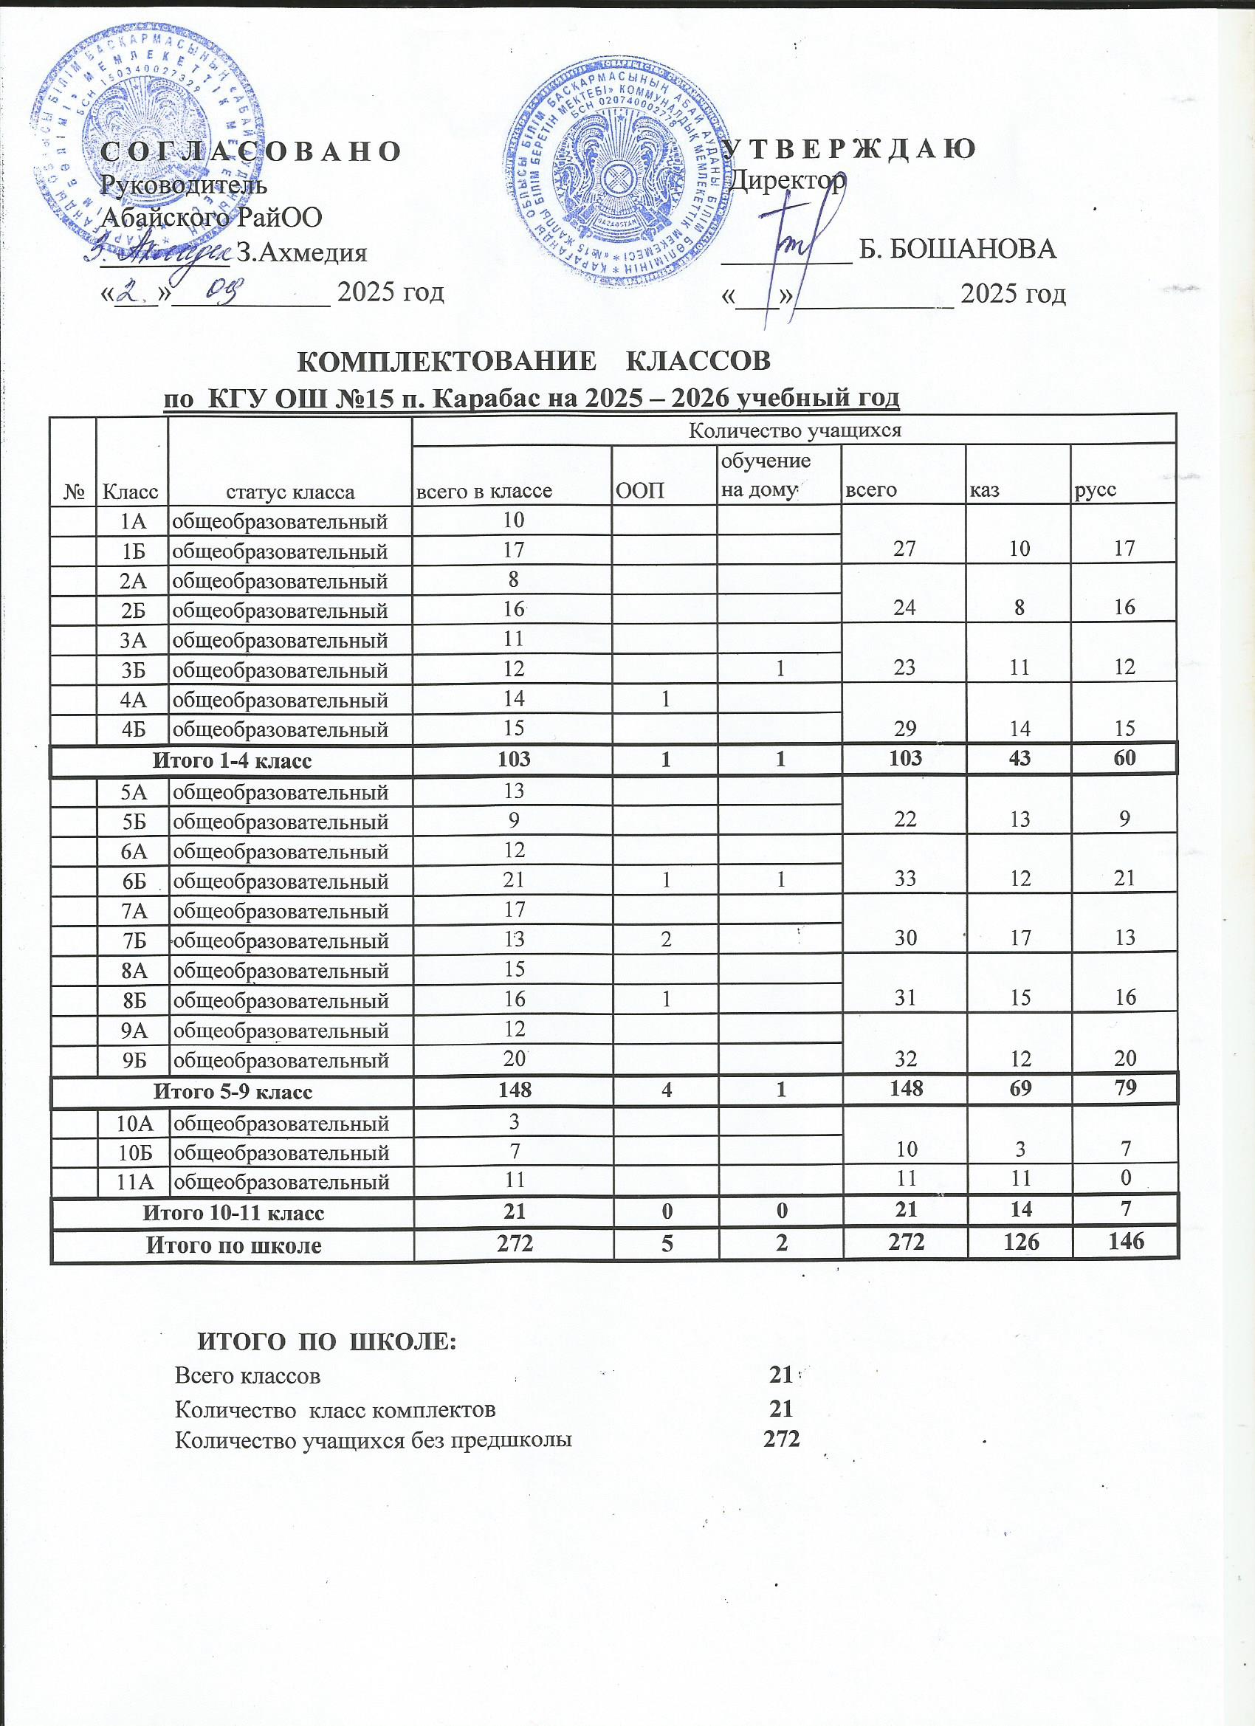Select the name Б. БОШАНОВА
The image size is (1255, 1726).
[957, 250]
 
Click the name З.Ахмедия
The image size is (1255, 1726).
[302, 252]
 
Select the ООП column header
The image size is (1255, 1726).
[639, 491]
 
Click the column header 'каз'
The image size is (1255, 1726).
[981, 491]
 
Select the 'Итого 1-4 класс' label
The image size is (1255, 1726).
[233, 760]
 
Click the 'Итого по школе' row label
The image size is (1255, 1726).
[233, 1245]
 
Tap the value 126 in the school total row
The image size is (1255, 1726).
[1020, 1242]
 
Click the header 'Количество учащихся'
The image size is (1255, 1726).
[794, 430]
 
